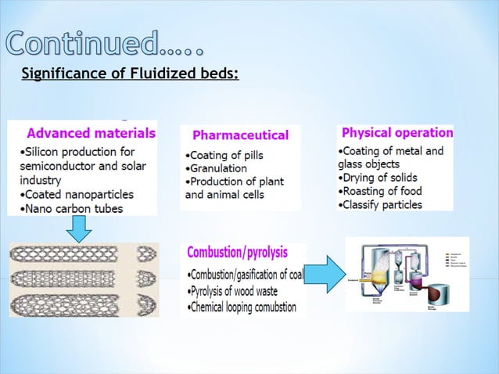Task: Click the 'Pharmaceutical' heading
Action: click(240, 135)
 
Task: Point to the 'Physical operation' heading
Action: click(397, 132)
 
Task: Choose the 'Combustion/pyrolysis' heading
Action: click(237, 253)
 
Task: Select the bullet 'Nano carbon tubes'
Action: click(68, 209)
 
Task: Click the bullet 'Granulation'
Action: click(216, 168)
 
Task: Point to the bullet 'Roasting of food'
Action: click(379, 191)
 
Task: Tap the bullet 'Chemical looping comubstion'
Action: click(242, 307)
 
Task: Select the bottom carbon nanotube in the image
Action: click(81, 303)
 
